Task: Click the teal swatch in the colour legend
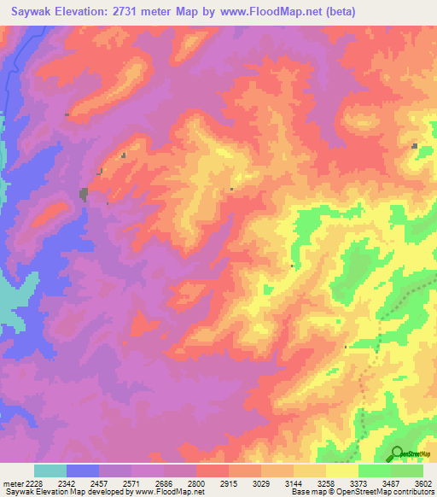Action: click(x=50, y=471)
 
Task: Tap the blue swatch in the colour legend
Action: click(x=83, y=471)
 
